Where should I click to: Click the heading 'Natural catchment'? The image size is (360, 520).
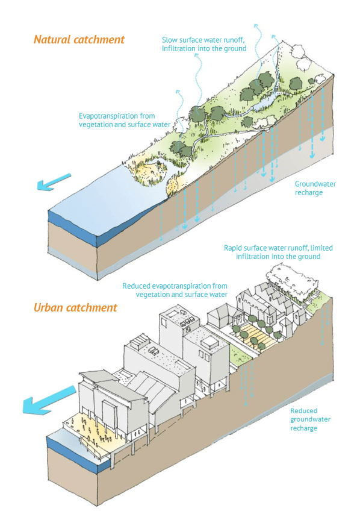click(x=79, y=40)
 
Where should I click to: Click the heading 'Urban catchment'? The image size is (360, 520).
click(x=75, y=307)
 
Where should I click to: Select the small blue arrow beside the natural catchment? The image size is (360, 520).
click(x=53, y=182)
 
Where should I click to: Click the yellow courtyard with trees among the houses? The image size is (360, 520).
click(x=256, y=335)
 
